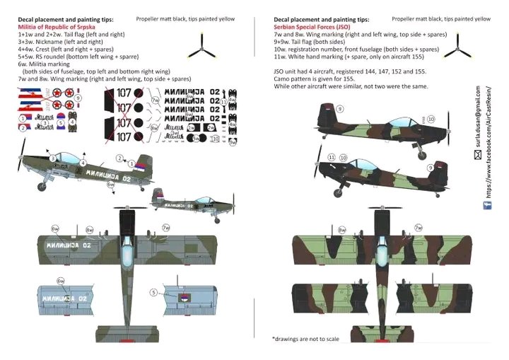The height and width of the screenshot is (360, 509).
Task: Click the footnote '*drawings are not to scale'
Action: click(x=305, y=339)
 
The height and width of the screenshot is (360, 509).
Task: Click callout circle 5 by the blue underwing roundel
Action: click(x=153, y=292)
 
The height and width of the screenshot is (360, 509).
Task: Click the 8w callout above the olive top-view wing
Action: click(x=90, y=231)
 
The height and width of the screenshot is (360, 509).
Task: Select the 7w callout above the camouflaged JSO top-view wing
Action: click(x=419, y=228)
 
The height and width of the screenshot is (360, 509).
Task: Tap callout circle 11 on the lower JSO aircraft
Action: click(x=331, y=157)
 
